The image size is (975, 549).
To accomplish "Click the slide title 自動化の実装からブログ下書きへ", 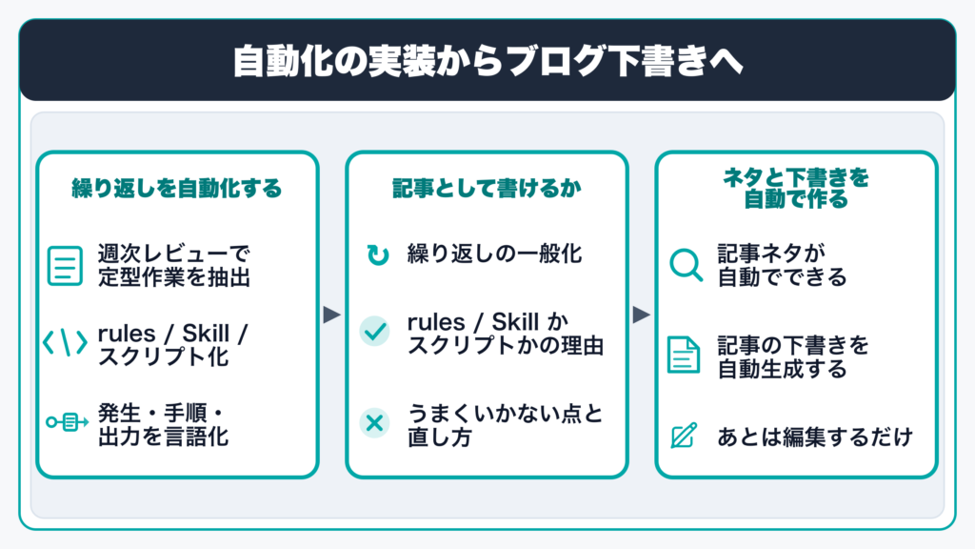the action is [x=487, y=60].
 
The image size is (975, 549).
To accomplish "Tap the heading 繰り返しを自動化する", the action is [x=177, y=188].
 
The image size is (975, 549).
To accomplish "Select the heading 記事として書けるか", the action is [x=487, y=188].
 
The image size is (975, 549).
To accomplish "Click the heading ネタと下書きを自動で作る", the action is [x=796, y=188].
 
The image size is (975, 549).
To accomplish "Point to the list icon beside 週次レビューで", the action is [x=65, y=266].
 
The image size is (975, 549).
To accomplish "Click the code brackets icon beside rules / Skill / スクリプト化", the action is [x=65, y=343].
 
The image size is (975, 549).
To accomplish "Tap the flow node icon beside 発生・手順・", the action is [x=68, y=422].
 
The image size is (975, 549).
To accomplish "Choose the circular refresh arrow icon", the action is [x=377, y=254].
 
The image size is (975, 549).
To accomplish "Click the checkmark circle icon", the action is [x=374, y=331].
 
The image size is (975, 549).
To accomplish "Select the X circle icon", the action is [x=374, y=423].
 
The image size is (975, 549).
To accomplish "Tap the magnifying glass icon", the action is [x=686, y=265].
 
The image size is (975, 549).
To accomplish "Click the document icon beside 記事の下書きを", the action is [x=684, y=355].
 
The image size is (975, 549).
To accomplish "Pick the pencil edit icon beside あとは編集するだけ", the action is [x=684, y=435].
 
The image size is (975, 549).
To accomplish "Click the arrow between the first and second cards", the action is [x=332, y=315].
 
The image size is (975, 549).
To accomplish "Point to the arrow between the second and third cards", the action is [x=642, y=315].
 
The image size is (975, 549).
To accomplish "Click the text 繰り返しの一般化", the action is [x=494, y=254].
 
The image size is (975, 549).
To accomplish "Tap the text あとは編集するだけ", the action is [x=815, y=437].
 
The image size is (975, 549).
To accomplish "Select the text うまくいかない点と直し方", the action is [x=506, y=425].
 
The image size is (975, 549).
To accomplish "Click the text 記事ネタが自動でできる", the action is [x=783, y=265].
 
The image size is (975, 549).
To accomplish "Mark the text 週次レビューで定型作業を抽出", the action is [x=174, y=265].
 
